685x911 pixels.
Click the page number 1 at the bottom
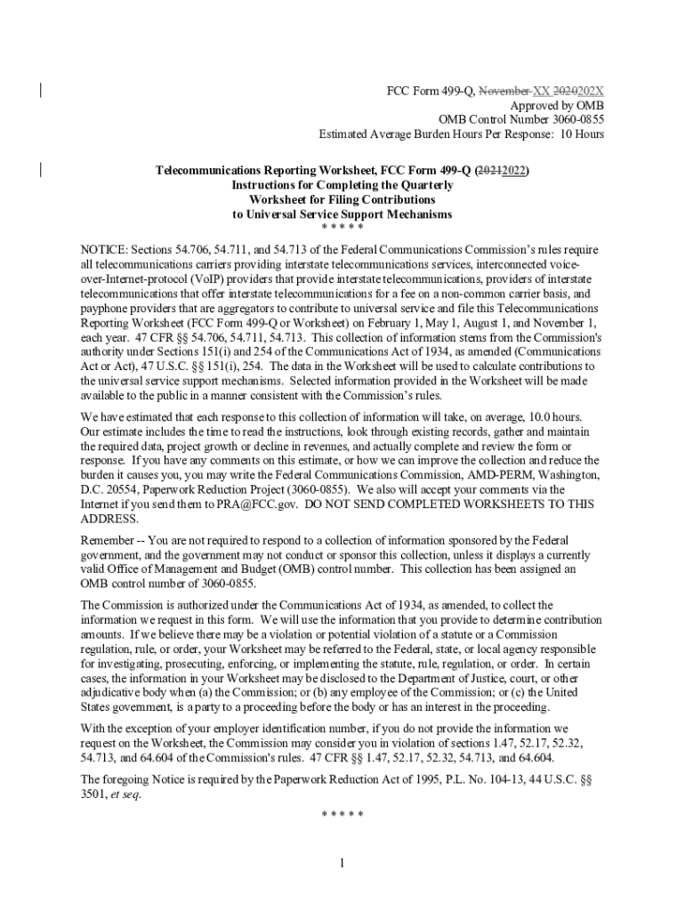coord(342,863)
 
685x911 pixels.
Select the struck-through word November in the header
coord(504,90)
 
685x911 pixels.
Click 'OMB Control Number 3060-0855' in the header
coord(521,119)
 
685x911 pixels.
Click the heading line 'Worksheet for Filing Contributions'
coord(342,199)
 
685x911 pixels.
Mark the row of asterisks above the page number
coord(342,814)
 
